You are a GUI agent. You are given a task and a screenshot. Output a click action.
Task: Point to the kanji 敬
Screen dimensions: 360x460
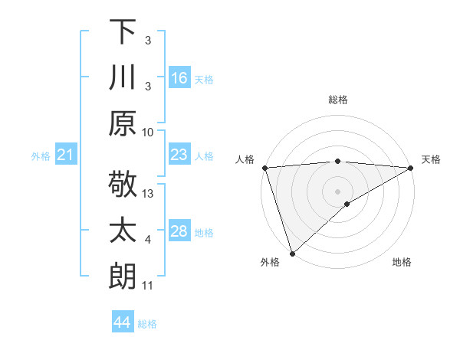(123, 186)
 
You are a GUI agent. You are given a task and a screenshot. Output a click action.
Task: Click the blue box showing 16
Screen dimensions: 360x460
(179, 77)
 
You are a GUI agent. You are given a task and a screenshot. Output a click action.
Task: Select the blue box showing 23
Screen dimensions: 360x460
(179, 155)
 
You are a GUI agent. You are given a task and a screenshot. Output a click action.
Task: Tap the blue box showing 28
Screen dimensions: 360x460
(179, 231)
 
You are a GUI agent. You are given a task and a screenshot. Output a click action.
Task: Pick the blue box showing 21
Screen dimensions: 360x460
(65, 155)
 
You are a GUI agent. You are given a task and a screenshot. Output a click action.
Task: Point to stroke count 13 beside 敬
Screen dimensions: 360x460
(149, 194)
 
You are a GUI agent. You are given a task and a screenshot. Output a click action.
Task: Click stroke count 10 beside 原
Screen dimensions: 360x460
(149, 132)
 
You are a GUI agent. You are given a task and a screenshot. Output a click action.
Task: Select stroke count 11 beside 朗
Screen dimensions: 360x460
(149, 286)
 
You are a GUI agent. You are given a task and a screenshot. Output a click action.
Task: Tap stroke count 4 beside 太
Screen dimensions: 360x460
(148, 240)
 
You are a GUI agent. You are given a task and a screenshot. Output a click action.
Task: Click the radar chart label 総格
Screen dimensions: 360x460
(338, 100)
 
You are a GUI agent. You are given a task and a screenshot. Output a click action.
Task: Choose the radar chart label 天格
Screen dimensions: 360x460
(431, 159)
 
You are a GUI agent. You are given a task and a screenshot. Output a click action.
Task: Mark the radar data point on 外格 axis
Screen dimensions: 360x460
(292, 254)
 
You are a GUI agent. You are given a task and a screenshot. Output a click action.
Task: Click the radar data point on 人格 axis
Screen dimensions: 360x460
(264, 168)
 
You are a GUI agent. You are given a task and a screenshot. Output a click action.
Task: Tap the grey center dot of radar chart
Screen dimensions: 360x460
(338, 191)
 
